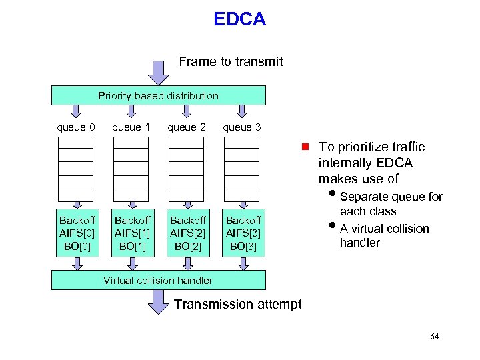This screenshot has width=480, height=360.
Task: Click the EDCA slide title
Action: [x=239, y=19]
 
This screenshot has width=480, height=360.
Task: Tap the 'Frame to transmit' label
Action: [x=231, y=62]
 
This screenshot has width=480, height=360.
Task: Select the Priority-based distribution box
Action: [x=159, y=95]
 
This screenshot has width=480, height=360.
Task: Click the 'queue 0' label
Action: [x=76, y=127]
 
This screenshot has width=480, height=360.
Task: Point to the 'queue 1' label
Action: [x=131, y=127]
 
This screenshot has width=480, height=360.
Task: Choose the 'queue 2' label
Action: [x=186, y=127]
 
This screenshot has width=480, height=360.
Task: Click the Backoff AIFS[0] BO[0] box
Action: [x=77, y=233]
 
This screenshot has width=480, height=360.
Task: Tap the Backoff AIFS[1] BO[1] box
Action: [x=132, y=233]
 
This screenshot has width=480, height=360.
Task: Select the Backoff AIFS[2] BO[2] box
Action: [x=187, y=233]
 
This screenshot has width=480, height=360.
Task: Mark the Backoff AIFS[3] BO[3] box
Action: [x=243, y=233]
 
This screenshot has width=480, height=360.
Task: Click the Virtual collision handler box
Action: [x=159, y=280]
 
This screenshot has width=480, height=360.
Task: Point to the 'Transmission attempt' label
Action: [x=237, y=305]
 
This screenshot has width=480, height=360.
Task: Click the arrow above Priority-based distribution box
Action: [x=159, y=73]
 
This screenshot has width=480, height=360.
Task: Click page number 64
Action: [x=435, y=337]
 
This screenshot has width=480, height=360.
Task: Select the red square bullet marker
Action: [x=304, y=147]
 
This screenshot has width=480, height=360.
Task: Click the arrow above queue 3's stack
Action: [x=242, y=111]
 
